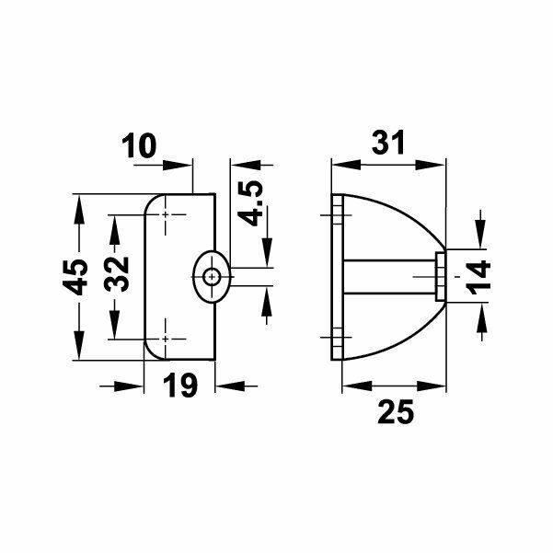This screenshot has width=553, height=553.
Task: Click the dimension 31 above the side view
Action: click(390, 144)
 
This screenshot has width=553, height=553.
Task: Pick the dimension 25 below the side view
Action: click(396, 413)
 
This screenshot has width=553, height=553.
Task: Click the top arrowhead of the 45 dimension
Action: click(79, 204)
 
